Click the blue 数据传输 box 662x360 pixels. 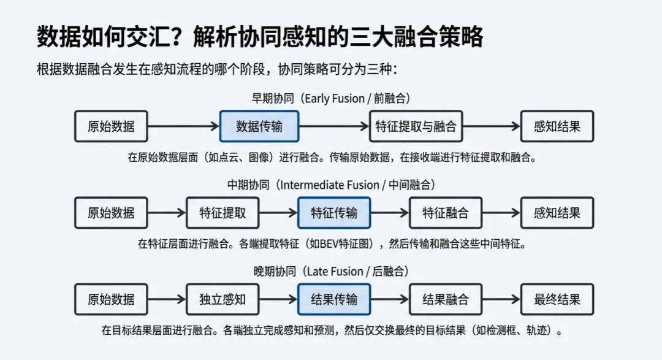click(259, 126)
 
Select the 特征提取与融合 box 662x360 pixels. click(416, 126)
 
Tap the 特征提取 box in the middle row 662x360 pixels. click(223, 213)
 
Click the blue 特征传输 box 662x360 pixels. click(334, 213)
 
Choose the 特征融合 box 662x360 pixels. click(446, 213)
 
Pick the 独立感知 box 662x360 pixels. click(223, 299)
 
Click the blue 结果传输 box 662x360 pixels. click(334, 299)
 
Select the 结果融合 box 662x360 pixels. click(446, 299)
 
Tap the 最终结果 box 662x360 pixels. click(557, 299)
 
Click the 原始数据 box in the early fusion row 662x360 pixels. click(111, 126)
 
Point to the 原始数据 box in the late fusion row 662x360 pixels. click(111, 299)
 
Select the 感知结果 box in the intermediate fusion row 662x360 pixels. click(557, 213)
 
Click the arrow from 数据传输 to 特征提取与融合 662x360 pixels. click(334, 126)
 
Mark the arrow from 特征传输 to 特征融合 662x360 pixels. click(390, 213)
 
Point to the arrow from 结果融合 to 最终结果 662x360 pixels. click(501, 299)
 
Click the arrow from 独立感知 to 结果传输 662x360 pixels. click(278, 299)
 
